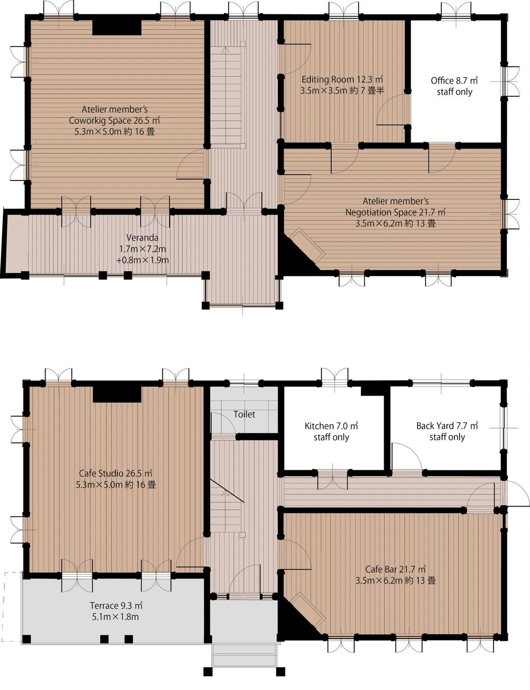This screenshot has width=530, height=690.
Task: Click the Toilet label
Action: pyautogui.click(x=244, y=414)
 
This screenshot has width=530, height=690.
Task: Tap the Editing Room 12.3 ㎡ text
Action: pyautogui.click(x=342, y=79)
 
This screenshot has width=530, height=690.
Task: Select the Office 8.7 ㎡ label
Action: pyautogui.click(x=454, y=81)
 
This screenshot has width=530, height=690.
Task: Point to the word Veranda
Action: pyautogui.click(x=142, y=238)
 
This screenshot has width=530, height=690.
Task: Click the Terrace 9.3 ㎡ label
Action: pyautogui.click(x=116, y=605)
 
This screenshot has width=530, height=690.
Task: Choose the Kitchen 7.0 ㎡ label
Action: pyautogui.click(x=331, y=426)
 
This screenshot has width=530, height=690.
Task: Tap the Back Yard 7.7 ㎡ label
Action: pyautogui.click(x=447, y=426)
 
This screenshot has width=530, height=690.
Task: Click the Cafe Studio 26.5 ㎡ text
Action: pyautogui.click(x=116, y=474)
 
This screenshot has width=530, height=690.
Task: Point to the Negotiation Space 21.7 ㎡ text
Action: pyautogui.click(x=395, y=212)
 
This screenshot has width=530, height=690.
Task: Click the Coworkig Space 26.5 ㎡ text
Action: pyautogui.click(x=114, y=121)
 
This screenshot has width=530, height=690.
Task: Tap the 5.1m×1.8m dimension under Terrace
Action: pyautogui.click(x=115, y=617)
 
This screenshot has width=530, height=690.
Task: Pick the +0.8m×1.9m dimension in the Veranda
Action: pyautogui.click(x=143, y=260)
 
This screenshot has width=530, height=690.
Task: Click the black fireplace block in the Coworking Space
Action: pyautogui.click(x=117, y=28)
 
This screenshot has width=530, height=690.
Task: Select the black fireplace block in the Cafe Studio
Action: pyautogui.click(x=117, y=394)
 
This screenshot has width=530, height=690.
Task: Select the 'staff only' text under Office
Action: pyautogui.click(x=454, y=92)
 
